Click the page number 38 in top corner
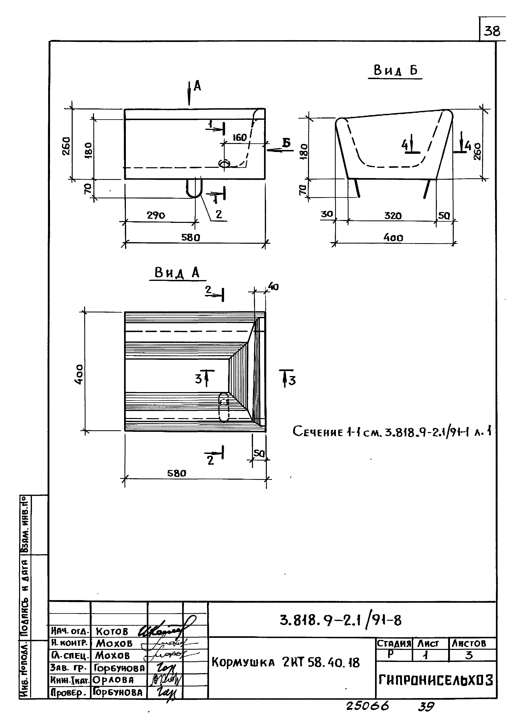click(x=492, y=31)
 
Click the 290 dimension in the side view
click(x=156, y=215)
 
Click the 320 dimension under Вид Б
click(x=393, y=216)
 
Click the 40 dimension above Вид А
click(x=273, y=287)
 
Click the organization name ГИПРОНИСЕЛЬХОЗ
click(x=435, y=681)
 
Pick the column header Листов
click(x=469, y=644)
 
